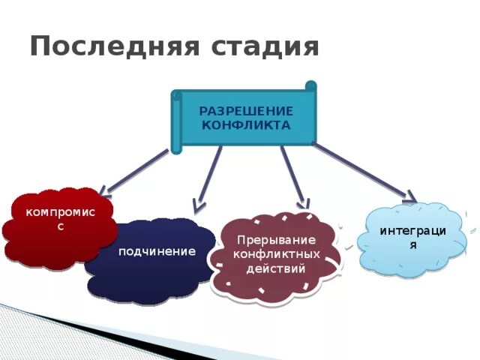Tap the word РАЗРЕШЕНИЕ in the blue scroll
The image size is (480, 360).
[246, 111]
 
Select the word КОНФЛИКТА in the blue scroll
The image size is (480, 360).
[246, 125]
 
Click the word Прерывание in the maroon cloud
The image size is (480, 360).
[276, 240]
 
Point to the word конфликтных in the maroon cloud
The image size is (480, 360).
[276, 254]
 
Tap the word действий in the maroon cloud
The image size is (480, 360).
[276, 268]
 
